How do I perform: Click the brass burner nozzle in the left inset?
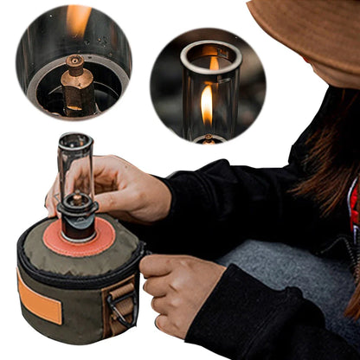point(75,82)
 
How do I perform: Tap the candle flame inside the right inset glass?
point(207,103)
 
